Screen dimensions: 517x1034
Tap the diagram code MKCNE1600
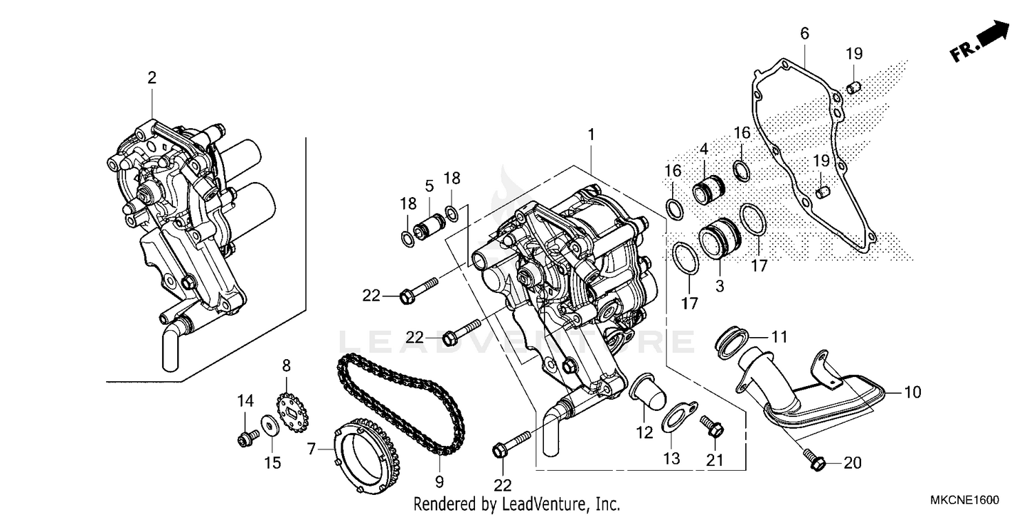pos(964,500)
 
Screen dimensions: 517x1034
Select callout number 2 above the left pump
pos(152,78)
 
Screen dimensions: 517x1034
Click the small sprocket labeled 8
pos(292,413)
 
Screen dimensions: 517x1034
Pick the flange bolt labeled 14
pos(245,437)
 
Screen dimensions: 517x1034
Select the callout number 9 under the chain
pos(439,480)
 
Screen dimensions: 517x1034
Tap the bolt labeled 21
pos(712,427)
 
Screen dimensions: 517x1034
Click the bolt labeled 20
pos(815,463)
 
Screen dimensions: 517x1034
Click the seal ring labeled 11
pos(731,343)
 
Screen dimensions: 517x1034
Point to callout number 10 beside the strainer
pos(912,393)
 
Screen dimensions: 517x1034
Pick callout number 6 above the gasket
pos(804,33)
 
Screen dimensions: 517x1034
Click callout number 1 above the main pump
pos(591,136)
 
